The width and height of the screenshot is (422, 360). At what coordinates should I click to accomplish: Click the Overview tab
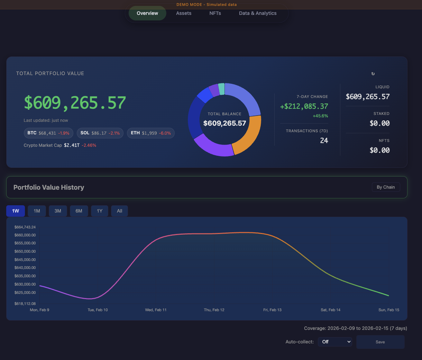tap(147, 13)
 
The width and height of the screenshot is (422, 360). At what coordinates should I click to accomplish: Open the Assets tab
tap(184, 13)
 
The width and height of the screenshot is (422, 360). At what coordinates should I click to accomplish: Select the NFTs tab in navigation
tap(215, 13)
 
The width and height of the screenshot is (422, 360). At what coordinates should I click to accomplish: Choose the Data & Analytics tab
tap(258, 13)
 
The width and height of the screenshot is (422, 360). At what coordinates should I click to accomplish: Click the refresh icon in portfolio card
tap(373, 74)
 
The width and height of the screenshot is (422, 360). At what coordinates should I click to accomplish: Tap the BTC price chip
tap(48, 133)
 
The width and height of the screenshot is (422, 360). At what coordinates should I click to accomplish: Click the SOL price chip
tap(100, 133)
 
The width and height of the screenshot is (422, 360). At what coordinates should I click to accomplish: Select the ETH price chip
tap(151, 133)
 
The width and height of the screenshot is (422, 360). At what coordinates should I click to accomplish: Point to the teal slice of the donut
tap(221, 89)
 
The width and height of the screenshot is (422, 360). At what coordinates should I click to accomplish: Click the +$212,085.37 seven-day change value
tap(304, 106)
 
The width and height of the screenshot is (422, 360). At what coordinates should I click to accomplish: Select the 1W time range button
tap(16, 211)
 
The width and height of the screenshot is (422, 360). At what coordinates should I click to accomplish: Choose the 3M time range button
tap(58, 211)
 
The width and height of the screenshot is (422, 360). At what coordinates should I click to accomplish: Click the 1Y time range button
tap(100, 211)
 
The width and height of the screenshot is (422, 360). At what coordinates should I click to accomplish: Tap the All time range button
tap(119, 211)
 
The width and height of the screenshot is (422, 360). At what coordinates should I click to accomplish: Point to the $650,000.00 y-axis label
tap(25, 251)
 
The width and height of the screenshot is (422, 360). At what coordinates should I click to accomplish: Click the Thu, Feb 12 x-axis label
tap(214, 310)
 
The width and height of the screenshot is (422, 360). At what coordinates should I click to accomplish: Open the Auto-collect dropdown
tap(334, 342)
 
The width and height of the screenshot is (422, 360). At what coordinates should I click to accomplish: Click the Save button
tap(380, 342)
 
